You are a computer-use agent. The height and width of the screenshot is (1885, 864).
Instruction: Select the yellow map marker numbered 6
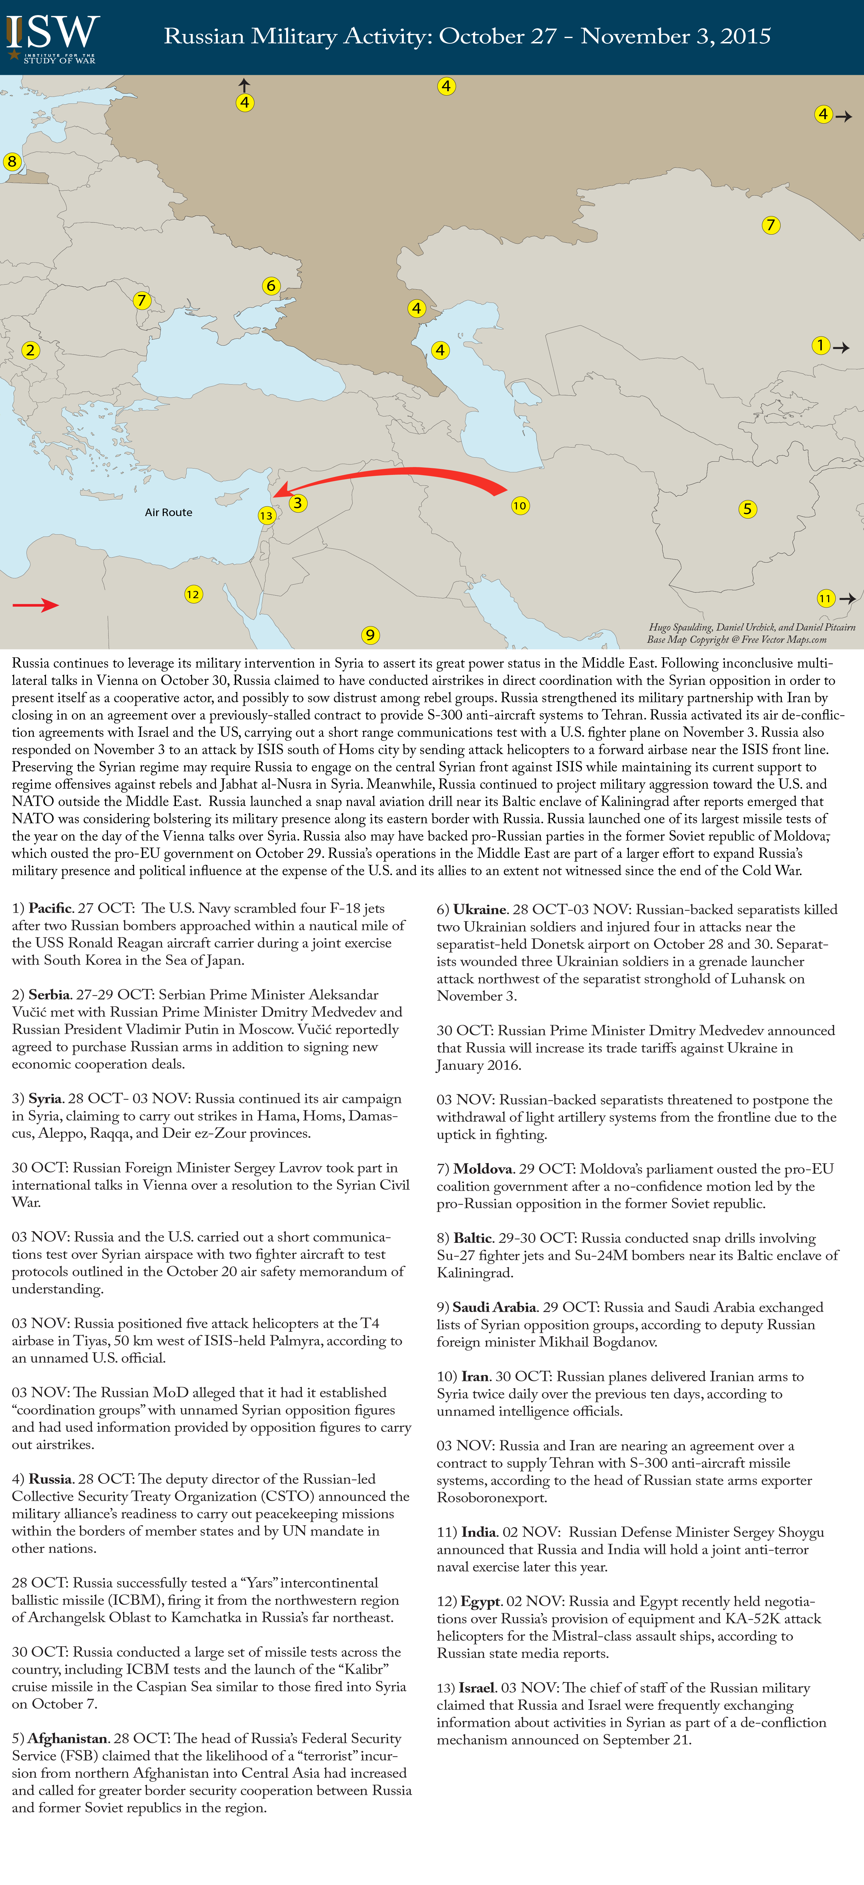pyautogui.click(x=271, y=285)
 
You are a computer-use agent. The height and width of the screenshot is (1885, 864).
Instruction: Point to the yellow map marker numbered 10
pyautogui.click(x=520, y=506)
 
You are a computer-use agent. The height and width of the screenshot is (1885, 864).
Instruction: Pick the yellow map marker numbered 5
pyautogui.click(x=747, y=509)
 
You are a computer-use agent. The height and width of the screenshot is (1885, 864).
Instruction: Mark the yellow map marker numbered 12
pyautogui.click(x=193, y=594)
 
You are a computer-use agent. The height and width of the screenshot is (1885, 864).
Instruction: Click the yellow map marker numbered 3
pyautogui.click(x=297, y=503)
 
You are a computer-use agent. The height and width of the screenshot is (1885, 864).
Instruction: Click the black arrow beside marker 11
pyautogui.click(x=848, y=598)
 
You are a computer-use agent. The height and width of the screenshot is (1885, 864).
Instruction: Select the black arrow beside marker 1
pyautogui.click(x=841, y=348)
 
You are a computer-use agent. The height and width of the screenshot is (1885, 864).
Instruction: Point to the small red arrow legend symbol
pyautogui.click(x=35, y=604)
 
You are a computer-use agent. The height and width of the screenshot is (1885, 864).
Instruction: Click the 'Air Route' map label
pyautogui.click(x=168, y=512)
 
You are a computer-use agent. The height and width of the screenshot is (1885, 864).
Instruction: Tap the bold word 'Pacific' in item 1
pyautogui.click(x=50, y=908)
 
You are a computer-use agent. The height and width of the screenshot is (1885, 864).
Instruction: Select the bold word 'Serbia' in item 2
pyautogui.click(x=49, y=994)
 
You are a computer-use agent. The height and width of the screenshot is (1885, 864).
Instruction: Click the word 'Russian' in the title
pyautogui.click(x=204, y=36)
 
